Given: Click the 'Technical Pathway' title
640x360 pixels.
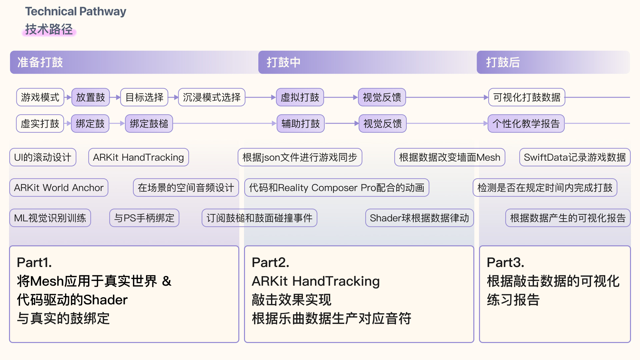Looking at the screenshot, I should click(x=76, y=11).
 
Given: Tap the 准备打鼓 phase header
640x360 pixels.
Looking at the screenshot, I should click(x=40, y=62).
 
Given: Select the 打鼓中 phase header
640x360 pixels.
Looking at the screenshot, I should click(x=283, y=62).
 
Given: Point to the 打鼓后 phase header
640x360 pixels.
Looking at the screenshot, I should click(x=503, y=62).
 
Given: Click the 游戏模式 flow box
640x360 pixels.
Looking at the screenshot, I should click(x=40, y=97).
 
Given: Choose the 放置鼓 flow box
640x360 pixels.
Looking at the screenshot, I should click(x=90, y=97).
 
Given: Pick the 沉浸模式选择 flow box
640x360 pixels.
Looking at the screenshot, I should click(x=212, y=97).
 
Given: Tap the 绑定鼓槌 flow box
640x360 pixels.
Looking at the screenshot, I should click(x=149, y=124).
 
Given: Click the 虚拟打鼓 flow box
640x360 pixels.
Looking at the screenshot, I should click(x=300, y=97).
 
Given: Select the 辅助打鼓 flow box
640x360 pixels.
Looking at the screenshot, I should click(x=301, y=124).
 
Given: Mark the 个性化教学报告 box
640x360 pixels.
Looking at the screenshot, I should click(x=526, y=124).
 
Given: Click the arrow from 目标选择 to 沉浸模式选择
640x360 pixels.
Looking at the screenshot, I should click(x=173, y=97).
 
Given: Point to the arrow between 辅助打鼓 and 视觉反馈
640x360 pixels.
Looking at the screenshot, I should click(x=342, y=123).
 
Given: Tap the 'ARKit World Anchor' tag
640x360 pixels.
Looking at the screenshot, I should click(x=59, y=188).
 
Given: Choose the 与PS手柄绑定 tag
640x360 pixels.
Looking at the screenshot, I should click(x=144, y=218).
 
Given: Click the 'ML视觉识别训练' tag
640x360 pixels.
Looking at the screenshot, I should click(x=50, y=218).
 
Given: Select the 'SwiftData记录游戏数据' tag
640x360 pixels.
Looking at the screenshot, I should click(x=575, y=157).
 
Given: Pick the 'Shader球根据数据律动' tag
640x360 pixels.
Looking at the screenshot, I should click(x=419, y=218).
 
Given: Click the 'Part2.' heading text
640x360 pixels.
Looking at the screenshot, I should click(x=270, y=263).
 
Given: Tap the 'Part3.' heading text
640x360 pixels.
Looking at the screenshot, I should click(x=505, y=263).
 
